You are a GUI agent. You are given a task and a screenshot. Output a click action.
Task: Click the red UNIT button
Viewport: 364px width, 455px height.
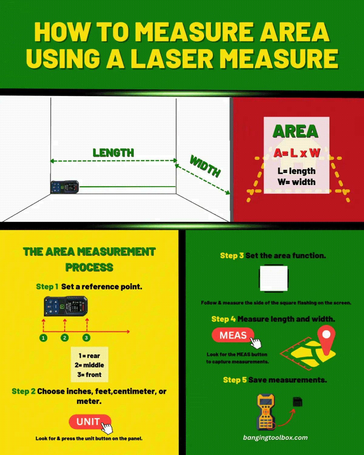click(89, 422)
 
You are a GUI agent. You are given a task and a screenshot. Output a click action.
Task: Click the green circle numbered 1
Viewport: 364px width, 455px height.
click(43, 338)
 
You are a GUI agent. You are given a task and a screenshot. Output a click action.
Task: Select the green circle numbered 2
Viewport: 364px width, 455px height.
click(65, 338)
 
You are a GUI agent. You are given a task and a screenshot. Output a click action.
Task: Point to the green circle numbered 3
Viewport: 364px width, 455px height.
click(86, 338)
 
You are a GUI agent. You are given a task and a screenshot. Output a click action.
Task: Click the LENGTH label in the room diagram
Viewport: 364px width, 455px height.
click(113, 153)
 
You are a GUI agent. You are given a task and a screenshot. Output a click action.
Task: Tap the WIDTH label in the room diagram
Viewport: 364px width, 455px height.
click(205, 166)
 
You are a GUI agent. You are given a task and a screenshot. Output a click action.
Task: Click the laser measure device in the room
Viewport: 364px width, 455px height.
click(65, 187)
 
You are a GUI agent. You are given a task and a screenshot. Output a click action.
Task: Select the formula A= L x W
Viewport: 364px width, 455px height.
click(296, 153)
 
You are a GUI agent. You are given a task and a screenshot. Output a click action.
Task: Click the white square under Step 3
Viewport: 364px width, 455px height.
click(273, 278)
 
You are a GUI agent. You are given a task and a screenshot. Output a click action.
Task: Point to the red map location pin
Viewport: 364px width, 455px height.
click(326, 338)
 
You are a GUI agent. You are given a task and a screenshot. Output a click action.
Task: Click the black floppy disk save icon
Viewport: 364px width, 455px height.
click(298, 402)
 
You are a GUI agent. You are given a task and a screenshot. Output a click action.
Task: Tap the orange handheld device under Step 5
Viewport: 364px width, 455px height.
click(266, 412)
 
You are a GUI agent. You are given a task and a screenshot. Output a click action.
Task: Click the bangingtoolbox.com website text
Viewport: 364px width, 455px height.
click(275, 437)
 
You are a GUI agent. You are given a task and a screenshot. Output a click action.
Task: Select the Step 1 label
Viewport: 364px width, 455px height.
click(47, 287)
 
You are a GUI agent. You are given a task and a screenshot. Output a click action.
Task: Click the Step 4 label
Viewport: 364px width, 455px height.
click(223, 319)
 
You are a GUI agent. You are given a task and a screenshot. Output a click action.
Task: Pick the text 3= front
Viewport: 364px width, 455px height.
click(89, 375)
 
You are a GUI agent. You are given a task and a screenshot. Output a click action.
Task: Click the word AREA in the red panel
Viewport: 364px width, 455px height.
click(295, 132)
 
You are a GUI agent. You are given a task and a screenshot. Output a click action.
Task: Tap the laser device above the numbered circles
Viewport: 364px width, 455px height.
click(66, 306)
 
